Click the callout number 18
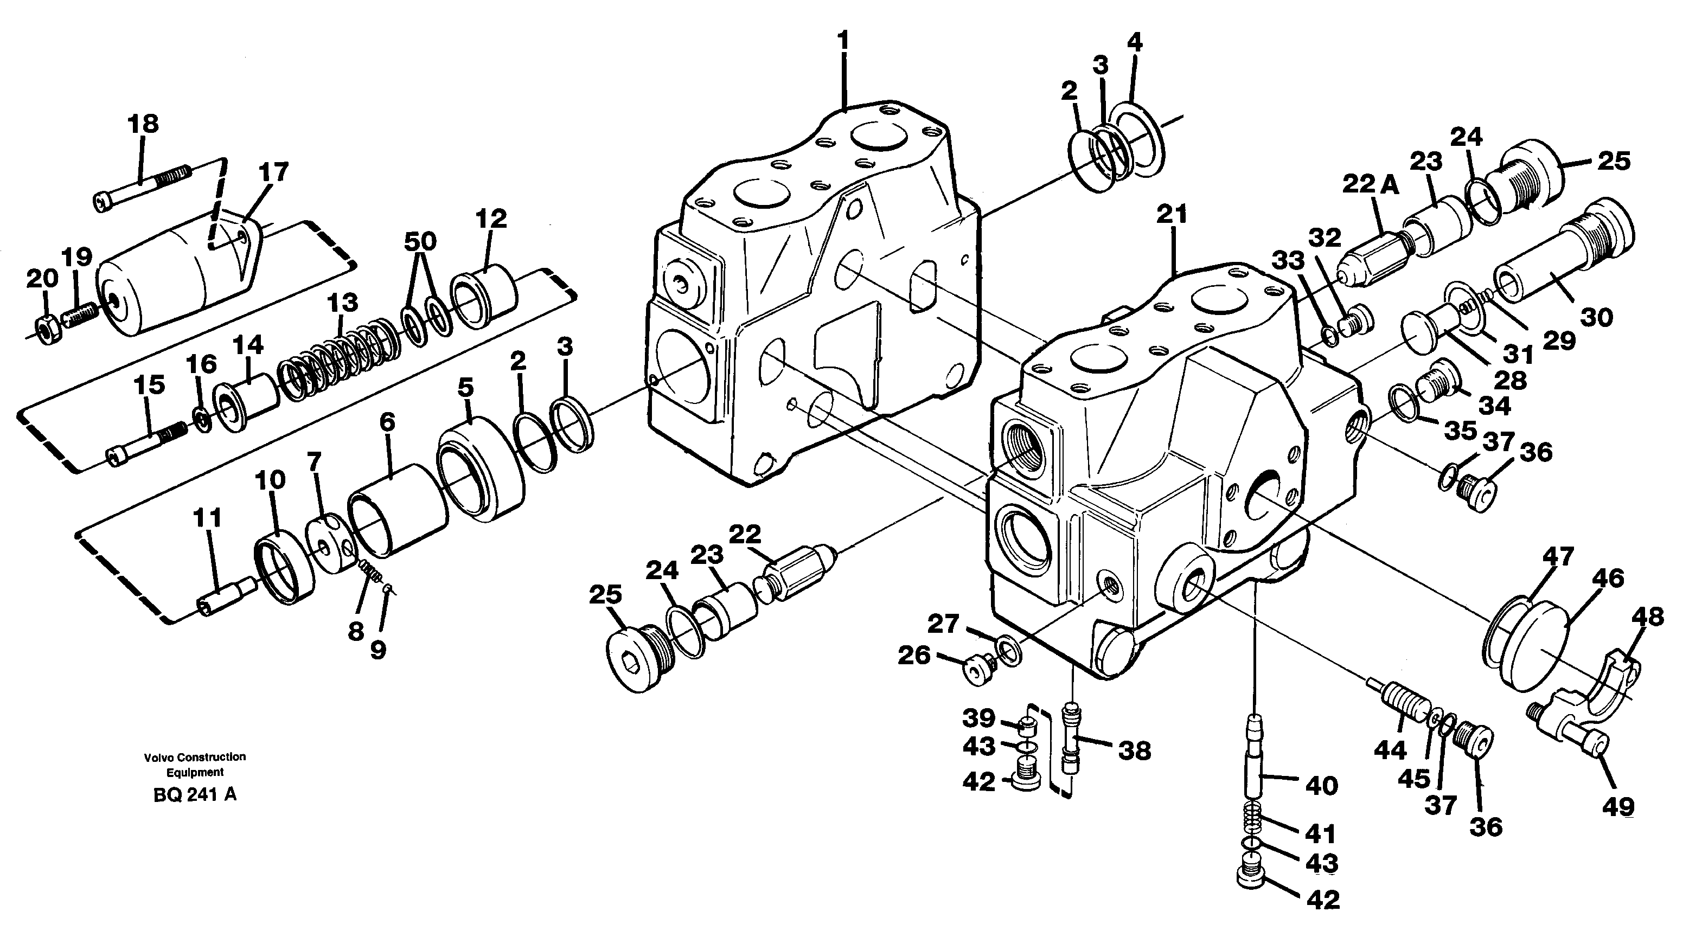(x=143, y=124)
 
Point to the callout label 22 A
(x=1370, y=185)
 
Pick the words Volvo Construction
(x=195, y=756)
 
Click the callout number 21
(x=1172, y=214)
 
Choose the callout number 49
(x=1618, y=806)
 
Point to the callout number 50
(x=420, y=241)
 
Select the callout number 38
(x=1134, y=750)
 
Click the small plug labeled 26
(x=977, y=671)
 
